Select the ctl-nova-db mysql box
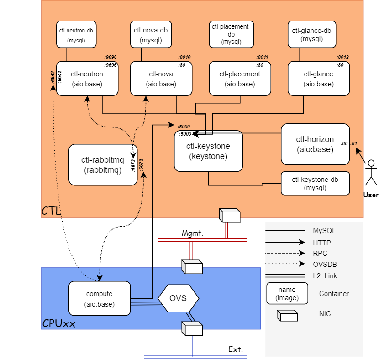(x=151, y=34)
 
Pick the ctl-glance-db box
(x=311, y=34)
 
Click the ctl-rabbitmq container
(x=103, y=165)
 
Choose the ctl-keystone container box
(x=208, y=151)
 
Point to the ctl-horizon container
(x=315, y=144)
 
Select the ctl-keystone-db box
(x=316, y=183)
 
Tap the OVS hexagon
(x=179, y=299)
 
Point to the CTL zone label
(x=52, y=211)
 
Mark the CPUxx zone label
(x=58, y=324)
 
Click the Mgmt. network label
(x=192, y=233)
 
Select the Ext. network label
(x=236, y=350)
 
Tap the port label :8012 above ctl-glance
(x=342, y=57)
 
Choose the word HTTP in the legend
(x=322, y=243)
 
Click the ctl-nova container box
(x=161, y=79)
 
